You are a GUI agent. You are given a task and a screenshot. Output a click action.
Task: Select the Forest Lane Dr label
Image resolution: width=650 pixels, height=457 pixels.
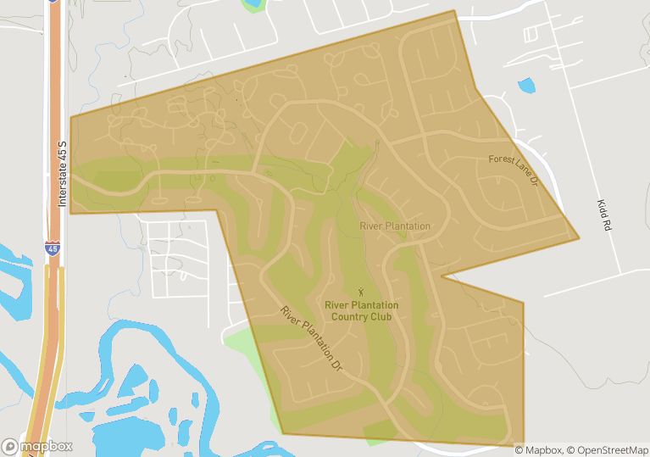coord(514,170)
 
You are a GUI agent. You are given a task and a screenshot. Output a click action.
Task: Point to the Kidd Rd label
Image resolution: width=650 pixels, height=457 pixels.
coord(604,216)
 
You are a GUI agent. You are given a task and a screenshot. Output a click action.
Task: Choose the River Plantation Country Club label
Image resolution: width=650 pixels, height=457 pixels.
coord(362,310)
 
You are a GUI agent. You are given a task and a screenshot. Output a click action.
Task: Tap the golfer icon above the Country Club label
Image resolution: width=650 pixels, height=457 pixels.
coord(362,293)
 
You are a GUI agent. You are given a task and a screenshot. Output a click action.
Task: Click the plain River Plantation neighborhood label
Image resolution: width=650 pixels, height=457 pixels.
coord(395,226)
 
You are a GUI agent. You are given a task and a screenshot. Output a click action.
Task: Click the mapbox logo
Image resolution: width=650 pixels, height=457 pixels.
coord(37,446)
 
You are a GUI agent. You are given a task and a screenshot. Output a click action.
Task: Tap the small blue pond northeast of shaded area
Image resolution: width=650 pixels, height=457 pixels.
coord(526,86)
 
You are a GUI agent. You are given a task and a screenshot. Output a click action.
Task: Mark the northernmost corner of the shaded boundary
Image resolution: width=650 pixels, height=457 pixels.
coord(455,11)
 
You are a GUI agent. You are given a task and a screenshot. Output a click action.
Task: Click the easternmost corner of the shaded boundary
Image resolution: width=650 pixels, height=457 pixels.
coord(580,238)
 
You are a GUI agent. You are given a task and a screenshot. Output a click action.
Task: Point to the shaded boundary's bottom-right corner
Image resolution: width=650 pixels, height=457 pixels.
coord(524,443)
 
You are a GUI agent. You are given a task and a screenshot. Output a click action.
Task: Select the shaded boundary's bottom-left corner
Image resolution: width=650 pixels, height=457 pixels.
coord(283,434)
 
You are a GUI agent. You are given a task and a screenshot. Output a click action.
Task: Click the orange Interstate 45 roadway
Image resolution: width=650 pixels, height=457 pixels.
coord(53,127)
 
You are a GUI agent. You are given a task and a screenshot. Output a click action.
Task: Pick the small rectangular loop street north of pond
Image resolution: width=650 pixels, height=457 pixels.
coord(531,35)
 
